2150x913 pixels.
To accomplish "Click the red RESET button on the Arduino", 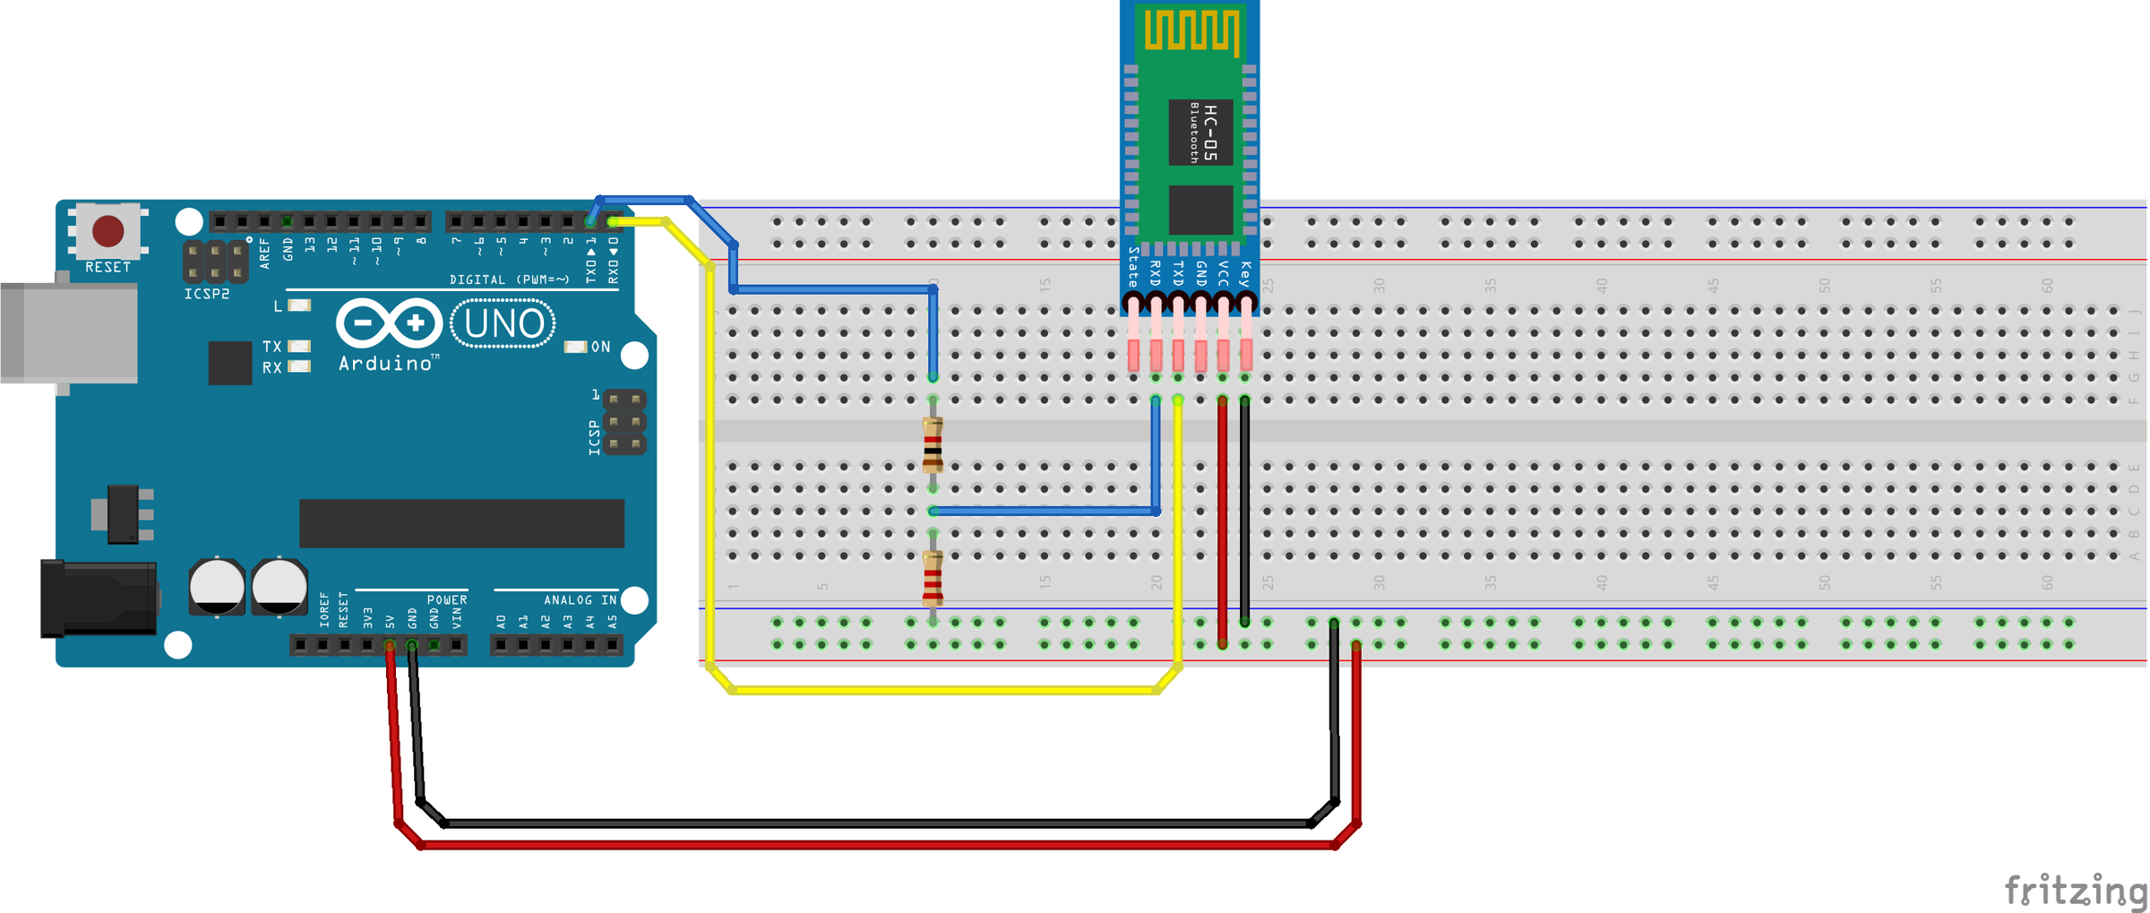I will click(108, 230).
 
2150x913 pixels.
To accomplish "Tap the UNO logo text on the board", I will click(503, 323).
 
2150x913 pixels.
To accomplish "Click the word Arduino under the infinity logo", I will click(386, 363).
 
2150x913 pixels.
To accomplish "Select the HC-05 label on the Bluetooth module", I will click(1210, 132).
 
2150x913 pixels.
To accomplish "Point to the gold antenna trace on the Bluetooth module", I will click(1191, 30).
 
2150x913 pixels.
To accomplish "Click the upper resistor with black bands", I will click(933, 444).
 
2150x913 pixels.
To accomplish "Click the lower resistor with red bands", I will click(933, 578).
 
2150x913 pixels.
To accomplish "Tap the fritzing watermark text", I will click(2075, 890).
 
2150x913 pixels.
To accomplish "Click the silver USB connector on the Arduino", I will click(67, 332).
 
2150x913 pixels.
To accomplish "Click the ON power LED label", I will click(600, 347).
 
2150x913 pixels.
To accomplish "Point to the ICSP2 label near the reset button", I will click(207, 294).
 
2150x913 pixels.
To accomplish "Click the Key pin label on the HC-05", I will click(1245, 274).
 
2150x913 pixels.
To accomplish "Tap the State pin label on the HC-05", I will click(1133, 266).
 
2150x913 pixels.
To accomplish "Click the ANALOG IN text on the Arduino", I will click(580, 599).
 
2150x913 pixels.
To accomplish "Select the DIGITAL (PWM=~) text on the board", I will click(509, 280).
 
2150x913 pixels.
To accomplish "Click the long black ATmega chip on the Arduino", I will click(461, 523).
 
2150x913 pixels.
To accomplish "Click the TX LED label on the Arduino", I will click(272, 346).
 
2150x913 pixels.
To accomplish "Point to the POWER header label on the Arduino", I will click(446, 599).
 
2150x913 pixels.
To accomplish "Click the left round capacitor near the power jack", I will click(217, 587).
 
